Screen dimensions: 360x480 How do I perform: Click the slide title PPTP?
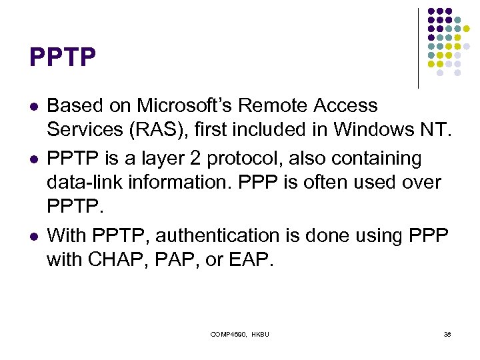point(63,57)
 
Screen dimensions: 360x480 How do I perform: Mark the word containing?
point(379,159)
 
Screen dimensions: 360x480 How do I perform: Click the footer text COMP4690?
point(227,333)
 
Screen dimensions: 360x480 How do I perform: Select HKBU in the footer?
point(260,333)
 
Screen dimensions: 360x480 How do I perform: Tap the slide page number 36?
point(447,333)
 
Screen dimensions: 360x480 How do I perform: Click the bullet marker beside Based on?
point(34,107)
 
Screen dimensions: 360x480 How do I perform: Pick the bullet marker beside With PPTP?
point(34,237)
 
